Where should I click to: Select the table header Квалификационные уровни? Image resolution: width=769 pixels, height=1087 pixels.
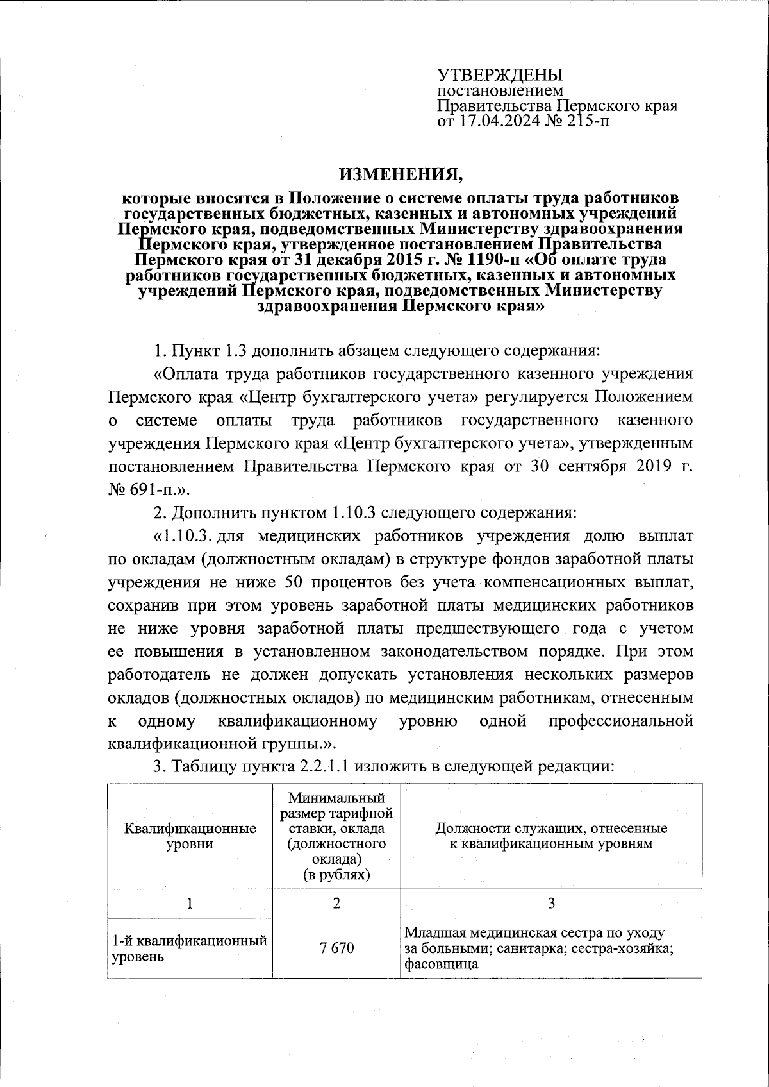point(190,836)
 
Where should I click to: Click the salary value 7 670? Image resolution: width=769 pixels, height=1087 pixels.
point(336,947)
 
